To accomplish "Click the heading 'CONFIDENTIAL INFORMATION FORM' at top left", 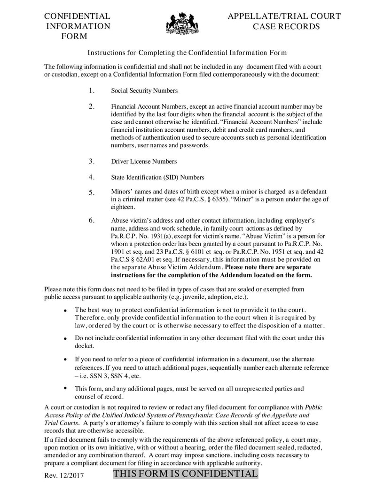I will point(77,26).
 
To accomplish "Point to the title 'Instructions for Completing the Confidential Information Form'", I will point(188,52).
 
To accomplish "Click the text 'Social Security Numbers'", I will point(144,91).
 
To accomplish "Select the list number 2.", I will point(92,106).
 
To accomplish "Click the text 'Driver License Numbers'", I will point(144,161).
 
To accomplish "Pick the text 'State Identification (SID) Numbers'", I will point(157,177).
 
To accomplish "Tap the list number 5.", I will point(92,192).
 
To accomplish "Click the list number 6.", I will point(92,220).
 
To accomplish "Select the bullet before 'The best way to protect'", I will point(65,311).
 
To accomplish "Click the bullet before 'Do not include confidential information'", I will point(65,338).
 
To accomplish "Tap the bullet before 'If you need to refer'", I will point(65,359).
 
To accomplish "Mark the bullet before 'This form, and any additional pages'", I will point(65,388).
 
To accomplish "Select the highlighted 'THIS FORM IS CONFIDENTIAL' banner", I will point(186,474).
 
